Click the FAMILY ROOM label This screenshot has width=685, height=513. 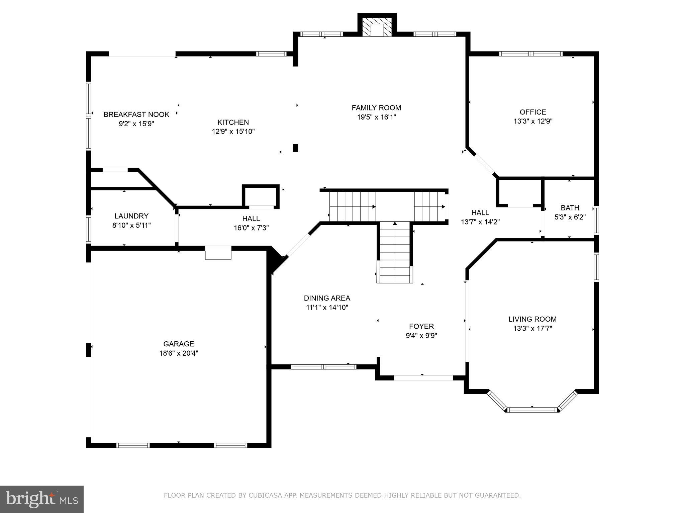click(376, 108)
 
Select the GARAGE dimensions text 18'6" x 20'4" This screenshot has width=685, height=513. click(179, 353)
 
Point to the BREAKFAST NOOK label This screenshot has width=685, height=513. click(136, 115)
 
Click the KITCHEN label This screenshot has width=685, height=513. click(233, 122)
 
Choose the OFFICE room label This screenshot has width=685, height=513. click(533, 112)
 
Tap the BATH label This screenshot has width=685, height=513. click(570, 208)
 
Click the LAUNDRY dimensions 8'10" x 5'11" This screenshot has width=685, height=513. click(131, 225)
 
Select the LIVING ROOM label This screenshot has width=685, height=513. click(532, 319)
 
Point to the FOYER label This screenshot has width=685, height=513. click(421, 326)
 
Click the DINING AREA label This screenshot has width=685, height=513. click(327, 298)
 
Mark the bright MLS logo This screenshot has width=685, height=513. click(41, 499)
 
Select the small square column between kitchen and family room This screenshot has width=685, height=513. click(296, 148)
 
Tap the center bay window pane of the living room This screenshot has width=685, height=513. click(532, 410)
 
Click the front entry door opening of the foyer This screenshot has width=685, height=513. click(423, 378)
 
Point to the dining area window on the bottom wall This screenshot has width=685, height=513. click(323, 367)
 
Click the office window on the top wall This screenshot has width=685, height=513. click(531, 54)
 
